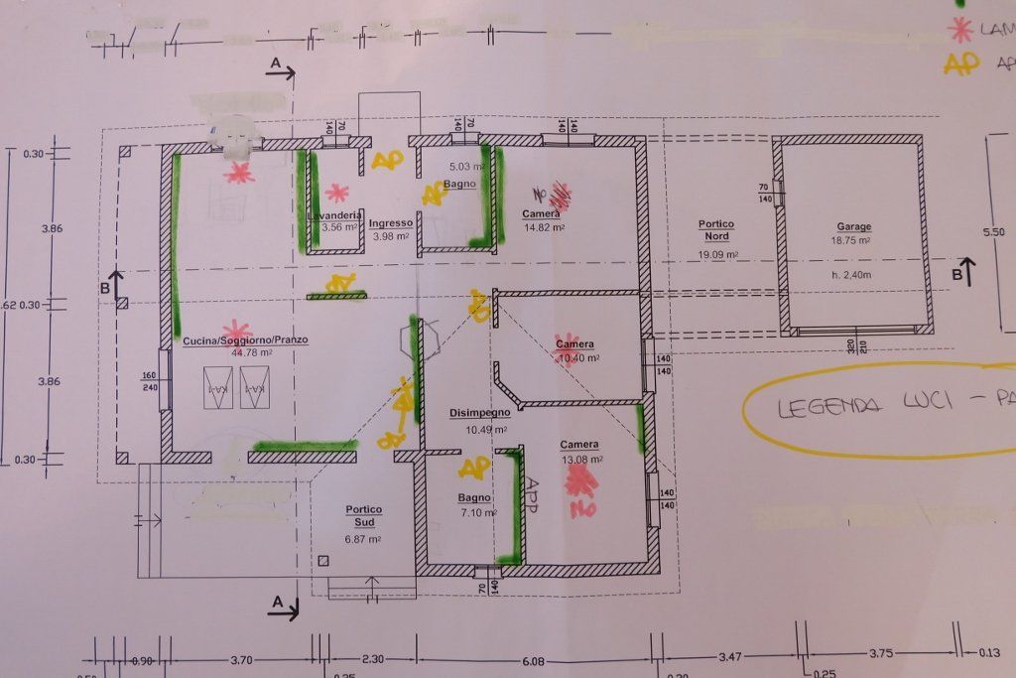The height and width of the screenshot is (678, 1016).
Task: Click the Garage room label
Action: click(x=853, y=226)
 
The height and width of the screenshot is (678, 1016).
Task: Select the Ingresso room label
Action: click(x=390, y=223)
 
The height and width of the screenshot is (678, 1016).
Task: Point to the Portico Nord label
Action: click(x=714, y=230)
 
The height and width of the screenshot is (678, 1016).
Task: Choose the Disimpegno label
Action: click(x=478, y=412)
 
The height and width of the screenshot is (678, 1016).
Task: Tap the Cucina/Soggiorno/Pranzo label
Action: click(x=245, y=340)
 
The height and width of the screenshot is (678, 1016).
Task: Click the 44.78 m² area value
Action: click(x=249, y=352)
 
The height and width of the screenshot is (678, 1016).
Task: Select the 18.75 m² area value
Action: click(x=852, y=240)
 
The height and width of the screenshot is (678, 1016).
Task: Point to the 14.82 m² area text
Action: click(x=543, y=227)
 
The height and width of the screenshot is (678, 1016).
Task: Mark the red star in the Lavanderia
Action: click(x=338, y=193)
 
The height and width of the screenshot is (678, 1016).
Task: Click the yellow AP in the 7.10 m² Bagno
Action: click(x=474, y=467)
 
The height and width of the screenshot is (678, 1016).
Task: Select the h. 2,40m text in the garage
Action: click(x=852, y=274)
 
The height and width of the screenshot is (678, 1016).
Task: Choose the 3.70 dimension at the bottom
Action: click(x=241, y=660)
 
